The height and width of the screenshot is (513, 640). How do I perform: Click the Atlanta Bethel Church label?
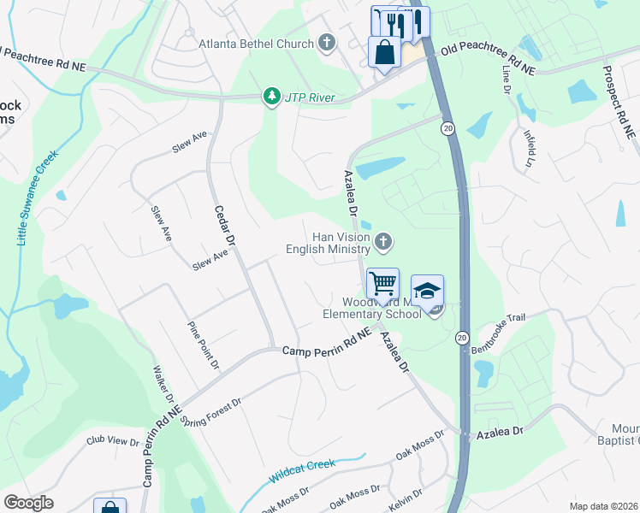256,43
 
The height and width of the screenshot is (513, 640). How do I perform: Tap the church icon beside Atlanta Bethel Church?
326,42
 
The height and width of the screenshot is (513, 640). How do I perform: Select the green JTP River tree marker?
272,97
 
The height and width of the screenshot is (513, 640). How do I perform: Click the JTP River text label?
310,97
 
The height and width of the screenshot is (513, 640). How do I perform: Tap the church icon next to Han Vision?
383,243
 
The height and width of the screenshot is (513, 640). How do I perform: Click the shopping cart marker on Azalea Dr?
382,283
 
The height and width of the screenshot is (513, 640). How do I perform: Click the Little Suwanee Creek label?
37,198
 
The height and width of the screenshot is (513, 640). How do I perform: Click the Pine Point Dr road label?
204,345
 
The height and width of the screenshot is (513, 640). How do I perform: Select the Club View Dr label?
112,441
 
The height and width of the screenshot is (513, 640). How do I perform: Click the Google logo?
28,503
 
